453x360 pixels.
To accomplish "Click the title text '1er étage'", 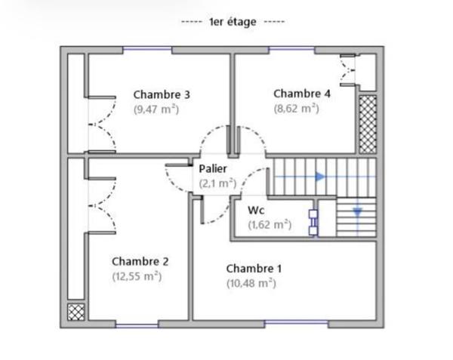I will pyautogui.click(x=232, y=22).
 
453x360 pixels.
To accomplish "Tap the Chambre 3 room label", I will pyautogui.click(x=162, y=94).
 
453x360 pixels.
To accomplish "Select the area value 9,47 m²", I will pyautogui.click(x=156, y=109).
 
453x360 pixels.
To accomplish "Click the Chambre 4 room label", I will pyautogui.click(x=302, y=94).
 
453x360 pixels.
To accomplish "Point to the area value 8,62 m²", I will pyautogui.click(x=296, y=108).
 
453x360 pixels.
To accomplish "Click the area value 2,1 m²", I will pyautogui.click(x=217, y=183).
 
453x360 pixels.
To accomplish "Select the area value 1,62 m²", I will pyautogui.click(x=270, y=224).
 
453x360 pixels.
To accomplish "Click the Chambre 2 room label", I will pyautogui.click(x=140, y=261).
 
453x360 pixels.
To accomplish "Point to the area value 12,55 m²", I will pyautogui.click(x=137, y=276).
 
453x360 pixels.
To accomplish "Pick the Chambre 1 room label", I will pyautogui.click(x=254, y=269).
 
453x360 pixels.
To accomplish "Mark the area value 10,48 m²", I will pyautogui.click(x=251, y=284).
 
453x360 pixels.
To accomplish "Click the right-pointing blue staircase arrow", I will pyautogui.click(x=320, y=177).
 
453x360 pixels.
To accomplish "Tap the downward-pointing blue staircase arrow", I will pyautogui.click(x=357, y=212).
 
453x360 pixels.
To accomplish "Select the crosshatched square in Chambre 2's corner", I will pyautogui.click(x=75, y=312).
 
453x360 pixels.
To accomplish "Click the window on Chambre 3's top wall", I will pyautogui.click(x=147, y=50).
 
